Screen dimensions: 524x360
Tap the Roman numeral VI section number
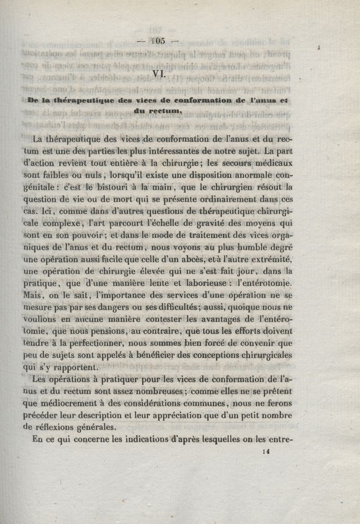(x=159, y=74)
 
